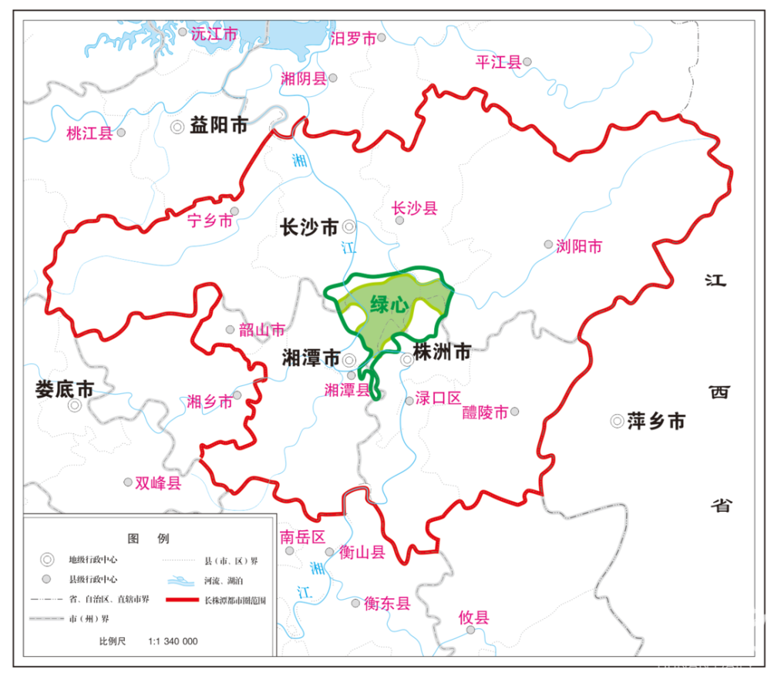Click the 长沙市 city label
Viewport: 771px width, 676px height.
point(308,227)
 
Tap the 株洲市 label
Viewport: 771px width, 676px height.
point(442,353)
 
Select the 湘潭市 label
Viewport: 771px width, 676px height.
point(310,359)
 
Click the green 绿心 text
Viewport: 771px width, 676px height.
point(389,304)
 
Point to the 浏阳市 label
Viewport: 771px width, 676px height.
point(579,247)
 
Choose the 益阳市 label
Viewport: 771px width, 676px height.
point(219,126)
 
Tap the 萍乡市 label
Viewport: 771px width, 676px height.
point(655,421)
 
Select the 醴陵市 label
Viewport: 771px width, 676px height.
point(485,412)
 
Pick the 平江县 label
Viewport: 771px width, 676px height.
point(499,62)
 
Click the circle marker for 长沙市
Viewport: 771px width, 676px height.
point(349,227)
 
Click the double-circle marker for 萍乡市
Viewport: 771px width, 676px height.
point(617,421)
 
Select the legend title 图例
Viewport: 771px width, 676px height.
point(147,538)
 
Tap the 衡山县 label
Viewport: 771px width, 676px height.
point(363,553)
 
